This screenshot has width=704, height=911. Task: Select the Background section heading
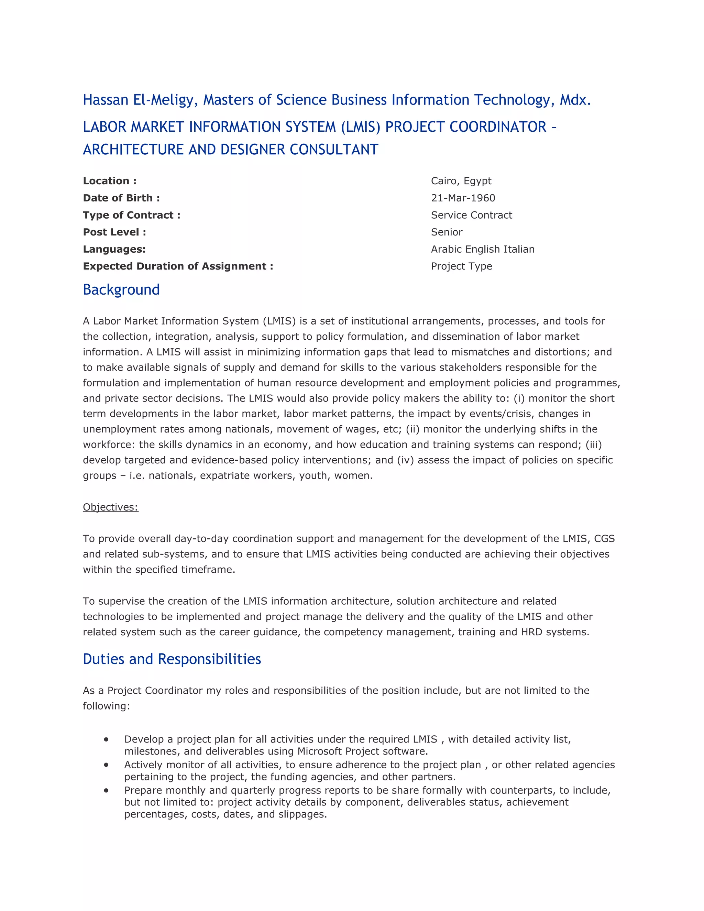click(x=121, y=289)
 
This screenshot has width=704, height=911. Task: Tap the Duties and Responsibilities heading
click(x=172, y=659)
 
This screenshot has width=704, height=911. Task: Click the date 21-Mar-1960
click(x=463, y=198)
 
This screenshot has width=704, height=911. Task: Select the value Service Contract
click(x=471, y=215)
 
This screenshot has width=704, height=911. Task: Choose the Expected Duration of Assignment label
click(x=178, y=266)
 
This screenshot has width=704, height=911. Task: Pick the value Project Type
click(x=461, y=266)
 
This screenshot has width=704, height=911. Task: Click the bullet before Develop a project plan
click(x=106, y=739)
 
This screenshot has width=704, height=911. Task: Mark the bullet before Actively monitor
click(x=106, y=765)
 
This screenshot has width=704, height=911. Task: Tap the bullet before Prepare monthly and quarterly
click(x=106, y=790)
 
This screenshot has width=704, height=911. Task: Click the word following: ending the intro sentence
click(x=106, y=706)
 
